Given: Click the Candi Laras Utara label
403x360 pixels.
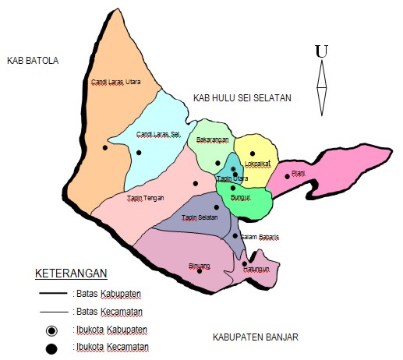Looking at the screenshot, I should [x=115, y=80].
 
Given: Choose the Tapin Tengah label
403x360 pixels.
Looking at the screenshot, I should [x=145, y=198].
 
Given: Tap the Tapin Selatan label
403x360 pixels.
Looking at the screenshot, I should [x=200, y=217].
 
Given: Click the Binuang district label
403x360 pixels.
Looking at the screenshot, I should [x=200, y=265].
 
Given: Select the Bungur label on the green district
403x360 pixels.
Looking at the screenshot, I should [x=241, y=199].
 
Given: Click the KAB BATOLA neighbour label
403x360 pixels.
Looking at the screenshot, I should [x=32, y=60].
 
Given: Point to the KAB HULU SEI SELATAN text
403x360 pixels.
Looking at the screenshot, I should [x=242, y=98].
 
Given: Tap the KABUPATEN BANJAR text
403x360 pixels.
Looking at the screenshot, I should [x=256, y=337].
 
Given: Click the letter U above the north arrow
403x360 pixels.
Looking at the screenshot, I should [x=320, y=51].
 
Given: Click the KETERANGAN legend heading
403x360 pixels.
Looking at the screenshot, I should [x=71, y=274].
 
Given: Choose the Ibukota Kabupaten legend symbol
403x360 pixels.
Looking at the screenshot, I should [x=51, y=331].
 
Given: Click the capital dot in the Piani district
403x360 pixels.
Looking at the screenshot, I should [x=287, y=176].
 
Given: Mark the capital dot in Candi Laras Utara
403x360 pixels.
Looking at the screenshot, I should [x=104, y=147].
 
